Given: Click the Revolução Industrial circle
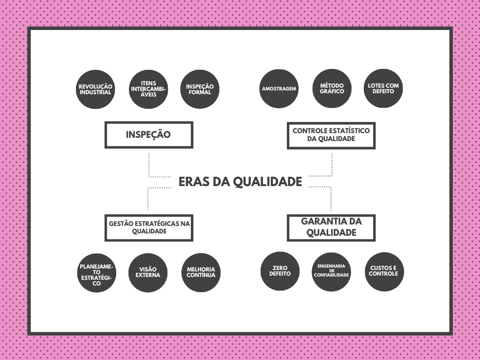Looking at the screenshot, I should pyautogui.click(x=95, y=90).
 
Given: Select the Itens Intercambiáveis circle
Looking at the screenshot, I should pyautogui.click(x=149, y=90).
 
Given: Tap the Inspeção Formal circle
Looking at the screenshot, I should pyautogui.click(x=200, y=90).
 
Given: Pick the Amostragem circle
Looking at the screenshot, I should pyautogui.click(x=279, y=89).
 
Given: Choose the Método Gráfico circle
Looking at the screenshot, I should pyautogui.click(x=332, y=89).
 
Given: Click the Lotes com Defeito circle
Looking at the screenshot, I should pyautogui.click(x=383, y=89).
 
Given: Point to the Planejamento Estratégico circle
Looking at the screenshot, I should pyautogui.click(x=97, y=273).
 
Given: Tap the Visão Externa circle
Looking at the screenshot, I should pyautogui.click(x=148, y=272).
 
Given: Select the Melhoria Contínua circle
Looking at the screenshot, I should pyautogui.click(x=201, y=272).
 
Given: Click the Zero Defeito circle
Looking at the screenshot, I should pyautogui.click(x=280, y=271).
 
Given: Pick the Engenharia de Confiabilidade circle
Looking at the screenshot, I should pyautogui.click(x=331, y=271).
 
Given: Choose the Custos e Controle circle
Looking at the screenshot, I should pyautogui.click(x=384, y=271).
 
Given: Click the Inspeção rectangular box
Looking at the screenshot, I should pyautogui.click(x=149, y=135).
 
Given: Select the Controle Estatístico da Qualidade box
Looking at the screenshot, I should pyautogui.click(x=331, y=135).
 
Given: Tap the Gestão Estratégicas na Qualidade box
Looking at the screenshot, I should pyautogui.click(x=149, y=228).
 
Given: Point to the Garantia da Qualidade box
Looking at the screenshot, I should pyautogui.click(x=331, y=228).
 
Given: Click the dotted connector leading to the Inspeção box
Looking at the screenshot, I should pyautogui.click(x=150, y=166).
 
